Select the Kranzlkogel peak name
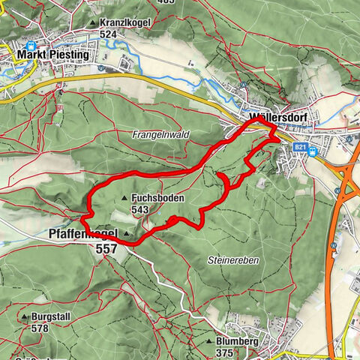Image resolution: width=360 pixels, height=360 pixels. (x=125, y=23)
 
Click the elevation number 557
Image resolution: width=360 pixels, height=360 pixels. (x=107, y=248)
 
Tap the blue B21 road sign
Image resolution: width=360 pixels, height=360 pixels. (x=301, y=148)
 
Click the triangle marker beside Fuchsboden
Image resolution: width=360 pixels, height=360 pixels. (x=124, y=199)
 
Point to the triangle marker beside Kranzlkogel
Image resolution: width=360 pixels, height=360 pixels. (x=93, y=24)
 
